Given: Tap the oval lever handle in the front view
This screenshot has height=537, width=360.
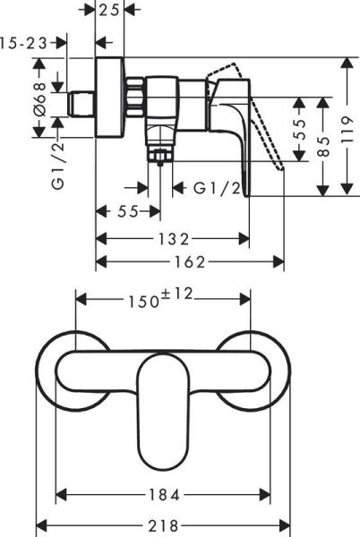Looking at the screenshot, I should [x=163, y=403].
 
